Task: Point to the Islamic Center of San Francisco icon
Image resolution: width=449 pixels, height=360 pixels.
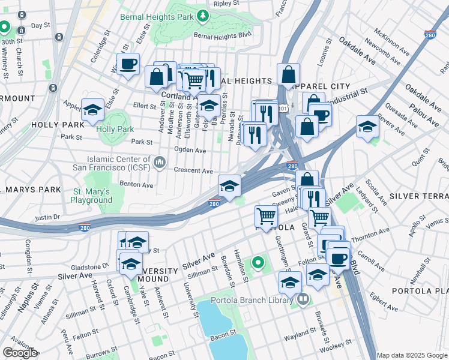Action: (x=160, y=162)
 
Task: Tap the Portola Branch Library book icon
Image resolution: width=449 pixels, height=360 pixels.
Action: (x=303, y=298)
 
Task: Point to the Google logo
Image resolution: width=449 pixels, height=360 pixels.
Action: (x=20, y=353)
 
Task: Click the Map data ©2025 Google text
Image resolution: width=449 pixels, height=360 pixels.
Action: (x=411, y=355)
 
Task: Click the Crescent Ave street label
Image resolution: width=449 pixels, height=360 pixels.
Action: (x=193, y=170)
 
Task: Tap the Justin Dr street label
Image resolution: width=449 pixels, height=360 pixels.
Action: (x=48, y=217)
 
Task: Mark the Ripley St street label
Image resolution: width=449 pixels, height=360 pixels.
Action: (x=226, y=3)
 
